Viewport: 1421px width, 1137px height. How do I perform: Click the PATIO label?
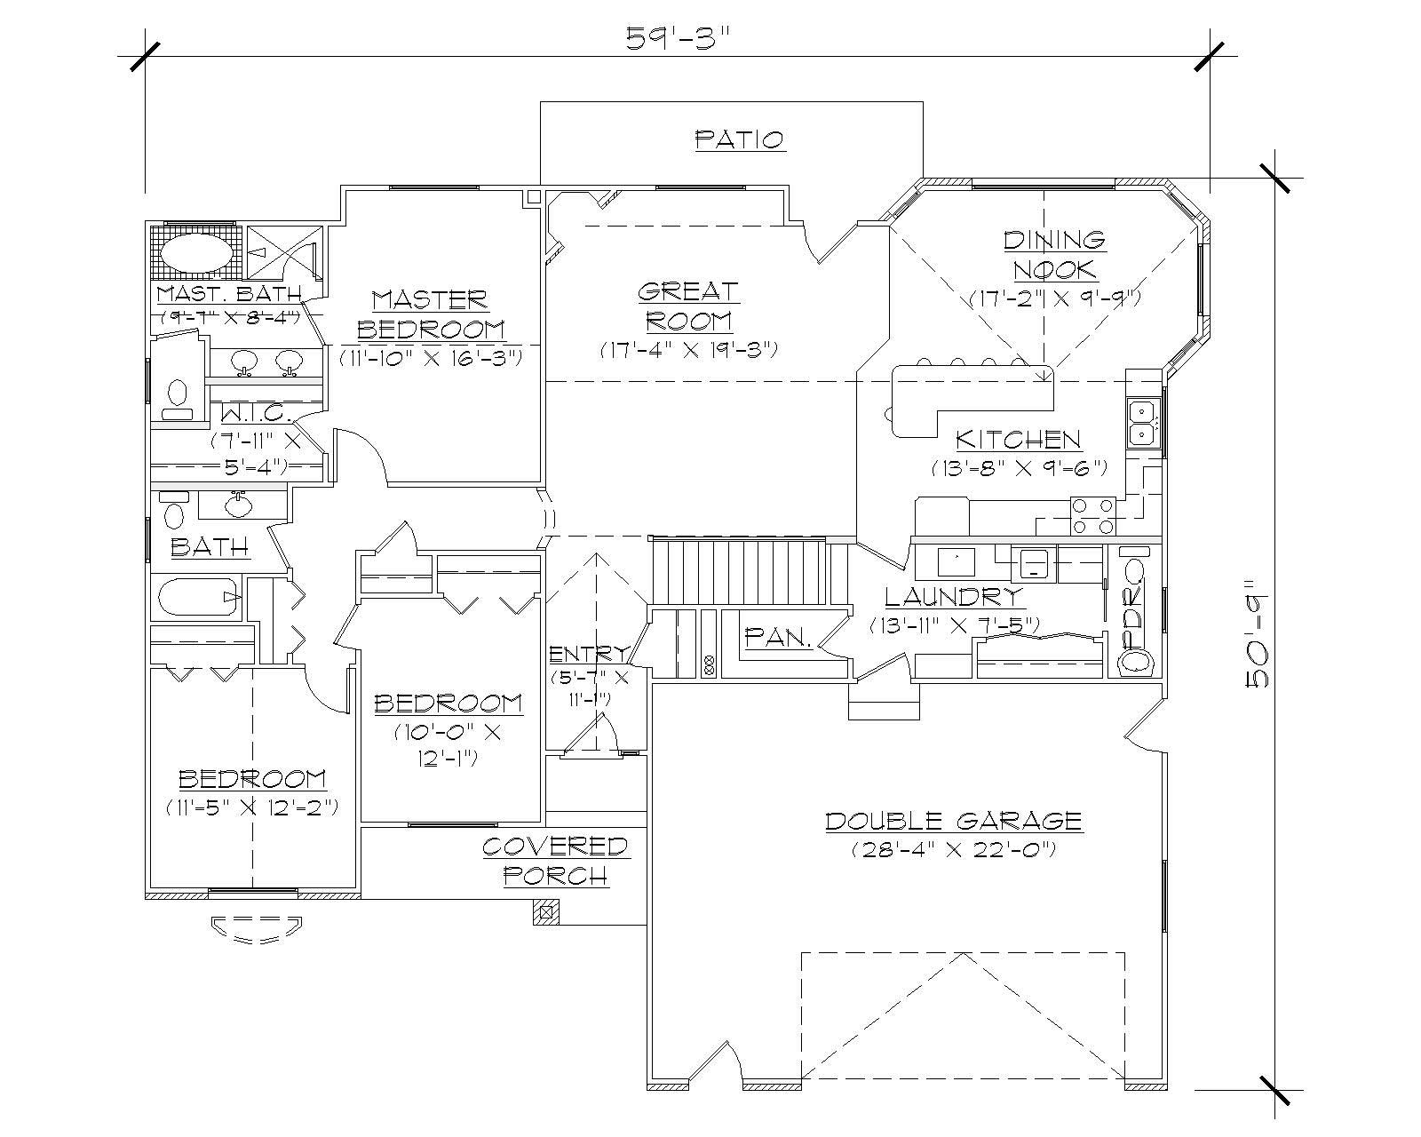(x=739, y=139)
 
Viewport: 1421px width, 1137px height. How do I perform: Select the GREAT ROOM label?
(x=687, y=305)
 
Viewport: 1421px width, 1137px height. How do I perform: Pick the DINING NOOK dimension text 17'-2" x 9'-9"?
(x=1054, y=298)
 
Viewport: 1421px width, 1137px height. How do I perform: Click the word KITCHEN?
(x=1018, y=439)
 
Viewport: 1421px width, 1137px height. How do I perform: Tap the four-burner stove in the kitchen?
(x=1092, y=515)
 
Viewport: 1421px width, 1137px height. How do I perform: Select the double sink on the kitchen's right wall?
(x=1141, y=423)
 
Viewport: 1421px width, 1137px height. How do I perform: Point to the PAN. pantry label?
(x=778, y=636)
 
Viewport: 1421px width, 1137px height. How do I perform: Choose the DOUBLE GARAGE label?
(x=953, y=820)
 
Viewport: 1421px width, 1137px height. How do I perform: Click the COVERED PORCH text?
(x=555, y=860)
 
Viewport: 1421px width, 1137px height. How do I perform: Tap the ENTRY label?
(x=587, y=655)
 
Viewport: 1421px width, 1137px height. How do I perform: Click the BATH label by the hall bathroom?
(x=210, y=545)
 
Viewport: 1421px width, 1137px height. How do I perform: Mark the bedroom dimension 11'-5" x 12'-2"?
(x=251, y=807)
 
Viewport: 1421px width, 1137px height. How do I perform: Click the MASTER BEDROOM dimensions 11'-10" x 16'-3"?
(x=430, y=357)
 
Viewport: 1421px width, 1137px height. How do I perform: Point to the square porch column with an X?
(x=545, y=911)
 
